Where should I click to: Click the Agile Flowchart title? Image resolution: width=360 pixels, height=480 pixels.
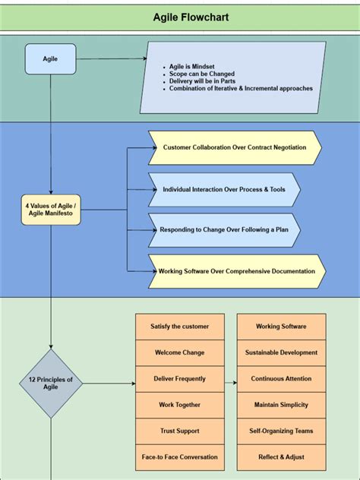[180, 17]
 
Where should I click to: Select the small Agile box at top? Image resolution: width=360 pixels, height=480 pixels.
[51, 58]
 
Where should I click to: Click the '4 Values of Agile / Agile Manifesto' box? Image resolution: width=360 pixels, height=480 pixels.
[51, 209]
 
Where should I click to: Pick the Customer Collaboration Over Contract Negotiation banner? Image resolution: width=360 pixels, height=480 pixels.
[234, 147]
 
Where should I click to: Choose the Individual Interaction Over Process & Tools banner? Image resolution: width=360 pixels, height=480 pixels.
[224, 189]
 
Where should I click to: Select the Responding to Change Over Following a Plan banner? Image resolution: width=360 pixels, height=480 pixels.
[224, 229]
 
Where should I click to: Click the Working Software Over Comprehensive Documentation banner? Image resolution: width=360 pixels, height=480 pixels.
[237, 271]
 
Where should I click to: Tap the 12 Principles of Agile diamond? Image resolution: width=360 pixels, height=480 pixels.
[51, 384]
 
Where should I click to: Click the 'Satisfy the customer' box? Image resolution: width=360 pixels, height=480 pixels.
[180, 327]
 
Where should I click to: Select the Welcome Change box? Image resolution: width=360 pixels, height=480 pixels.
[180, 352]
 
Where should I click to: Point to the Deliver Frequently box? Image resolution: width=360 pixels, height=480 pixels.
[180, 379]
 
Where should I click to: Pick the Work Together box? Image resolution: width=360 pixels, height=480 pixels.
[180, 405]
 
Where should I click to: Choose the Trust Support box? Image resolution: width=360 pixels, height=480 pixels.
[180, 431]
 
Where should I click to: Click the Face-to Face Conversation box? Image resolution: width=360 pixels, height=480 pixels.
[180, 457]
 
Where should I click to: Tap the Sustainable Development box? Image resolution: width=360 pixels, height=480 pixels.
[281, 352]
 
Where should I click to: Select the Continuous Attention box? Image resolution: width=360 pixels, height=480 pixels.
[281, 379]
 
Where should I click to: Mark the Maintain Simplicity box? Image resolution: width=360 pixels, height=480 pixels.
[281, 405]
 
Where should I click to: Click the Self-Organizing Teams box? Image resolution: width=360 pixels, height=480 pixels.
[281, 431]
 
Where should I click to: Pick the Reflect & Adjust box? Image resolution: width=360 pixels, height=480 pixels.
[281, 457]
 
